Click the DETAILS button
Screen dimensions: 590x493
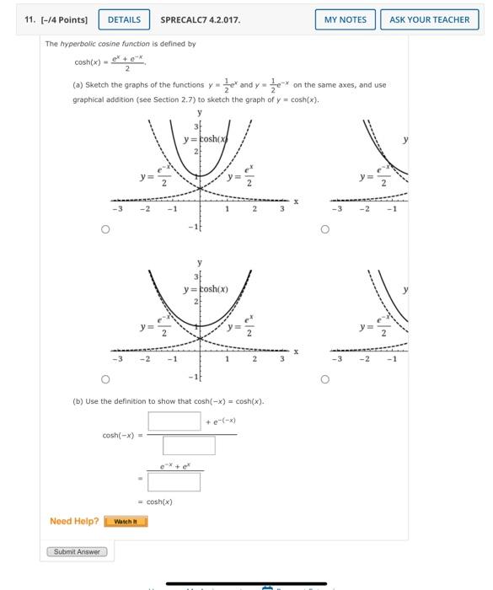(x=125, y=19)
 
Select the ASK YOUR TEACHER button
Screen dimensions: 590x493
(x=429, y=19)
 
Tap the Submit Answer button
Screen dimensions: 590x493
(x=77, y=551)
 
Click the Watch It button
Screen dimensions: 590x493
(x=125, y=522)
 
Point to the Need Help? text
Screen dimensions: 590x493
(x=74, y=522)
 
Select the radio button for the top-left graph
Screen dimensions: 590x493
(x=105, y=228)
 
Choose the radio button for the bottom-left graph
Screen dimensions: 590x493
(x=105, y=379)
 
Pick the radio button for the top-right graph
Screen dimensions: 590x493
(x=324, y=228)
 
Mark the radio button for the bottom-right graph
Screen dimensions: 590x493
(x=324, y=379)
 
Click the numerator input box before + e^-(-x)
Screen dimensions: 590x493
(x=175, y=420)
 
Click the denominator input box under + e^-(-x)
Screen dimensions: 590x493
(x=190, y=445)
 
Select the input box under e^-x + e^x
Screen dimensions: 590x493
(x=174, y=481)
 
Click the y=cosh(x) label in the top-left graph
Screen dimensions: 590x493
(x=207, y=138)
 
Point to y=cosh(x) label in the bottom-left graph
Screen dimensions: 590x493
(x=207, y=289)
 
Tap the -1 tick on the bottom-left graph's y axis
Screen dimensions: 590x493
(x=193, y=373)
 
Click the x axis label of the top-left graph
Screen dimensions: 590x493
(x=296, y=201)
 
